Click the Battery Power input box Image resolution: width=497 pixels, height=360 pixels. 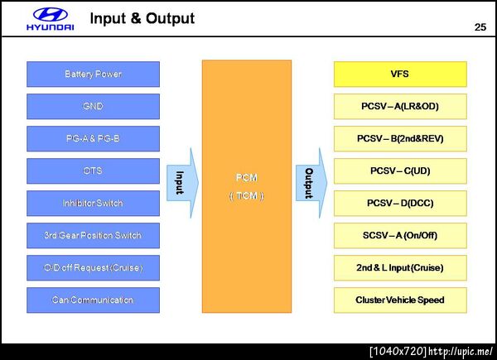93,74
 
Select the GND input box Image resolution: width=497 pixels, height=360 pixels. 93,107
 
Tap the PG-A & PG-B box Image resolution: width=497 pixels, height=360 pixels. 93,139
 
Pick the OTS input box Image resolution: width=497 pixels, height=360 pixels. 93,171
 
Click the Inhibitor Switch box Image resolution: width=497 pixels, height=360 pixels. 93,204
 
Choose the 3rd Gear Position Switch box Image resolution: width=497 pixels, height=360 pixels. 93,236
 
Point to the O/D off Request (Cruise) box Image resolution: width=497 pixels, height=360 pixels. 93,268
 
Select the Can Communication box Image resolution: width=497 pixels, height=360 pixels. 93,300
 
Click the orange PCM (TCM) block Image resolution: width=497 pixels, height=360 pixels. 244,186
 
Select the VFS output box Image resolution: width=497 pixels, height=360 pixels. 400,74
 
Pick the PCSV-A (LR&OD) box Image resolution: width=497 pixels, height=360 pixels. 400,107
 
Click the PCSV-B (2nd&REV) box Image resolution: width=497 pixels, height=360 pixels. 400,139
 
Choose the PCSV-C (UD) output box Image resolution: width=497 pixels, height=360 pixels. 400,171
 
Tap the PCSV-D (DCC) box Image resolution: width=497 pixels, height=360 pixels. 400,204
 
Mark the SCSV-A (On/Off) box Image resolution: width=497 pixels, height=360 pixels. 400,236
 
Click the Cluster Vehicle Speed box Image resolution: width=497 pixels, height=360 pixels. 400,300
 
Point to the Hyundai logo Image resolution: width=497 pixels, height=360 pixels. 51,18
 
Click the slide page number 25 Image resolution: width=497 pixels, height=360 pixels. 480,28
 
